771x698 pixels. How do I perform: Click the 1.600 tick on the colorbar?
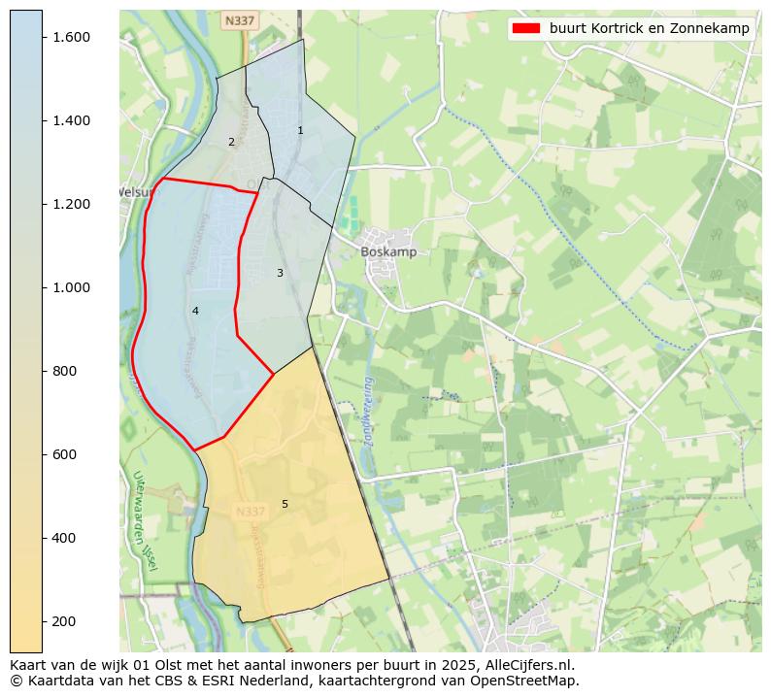pyautogui.click(x=71, y=37)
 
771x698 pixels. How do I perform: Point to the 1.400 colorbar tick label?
pyautogui.click(x=71, y=120)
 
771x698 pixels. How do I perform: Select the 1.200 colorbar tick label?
pyautogui.click(x=71, y=204)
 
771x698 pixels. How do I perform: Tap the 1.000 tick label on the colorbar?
pyautogui.click(x=71, y=287)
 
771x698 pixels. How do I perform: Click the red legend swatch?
pyautogui.click(x=526, y=28)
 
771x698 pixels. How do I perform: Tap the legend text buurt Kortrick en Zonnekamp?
pyautogui.click(x=649, y=28)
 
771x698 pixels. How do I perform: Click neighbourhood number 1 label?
pyautogui.click(x=300, y=130)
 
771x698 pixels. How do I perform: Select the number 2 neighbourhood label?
pyautogui.click(x=231, y=142)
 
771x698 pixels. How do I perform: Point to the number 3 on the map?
pyautogui.click(x=280, y=273)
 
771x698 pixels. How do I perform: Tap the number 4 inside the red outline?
pyautogui.click(x=195, y=311)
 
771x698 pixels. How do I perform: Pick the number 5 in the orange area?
pyautogui.click(x=285, y=504)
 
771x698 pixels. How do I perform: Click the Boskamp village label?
pyautogui.click(x=388, y=251)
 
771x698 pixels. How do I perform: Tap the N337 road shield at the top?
pyautogui.click(x=233, y=20)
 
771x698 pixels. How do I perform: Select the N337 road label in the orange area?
pyautogui.click(x=251, y=512)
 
